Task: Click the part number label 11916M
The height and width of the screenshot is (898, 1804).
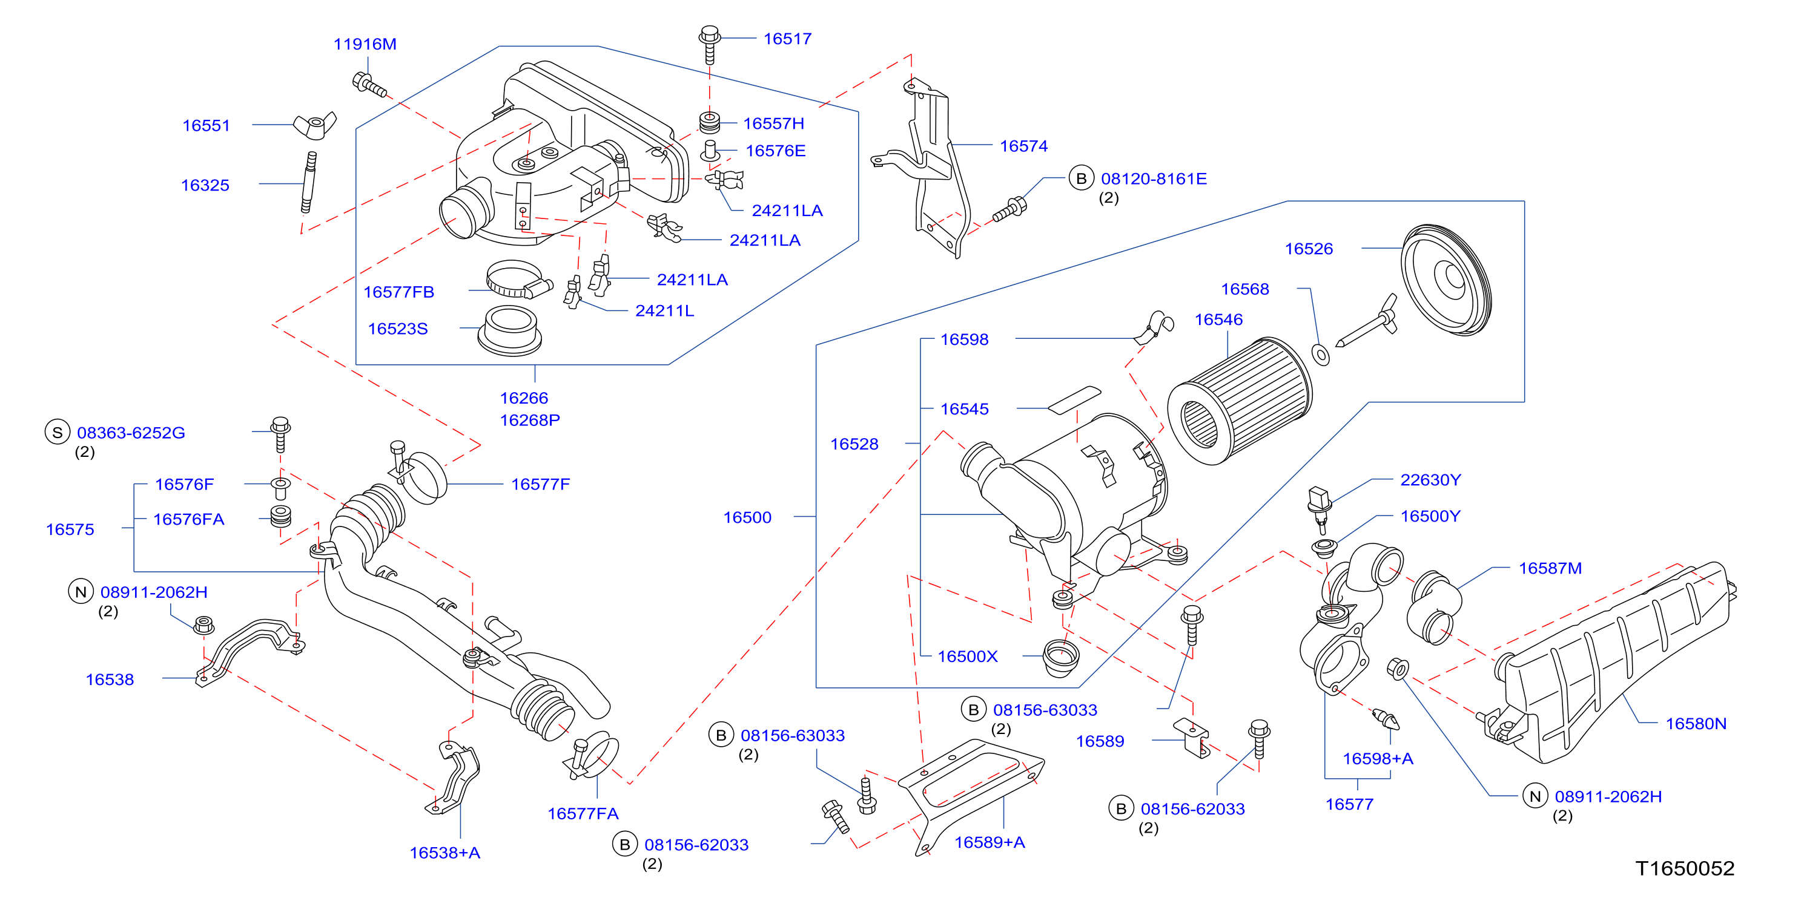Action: [x=365, y=44]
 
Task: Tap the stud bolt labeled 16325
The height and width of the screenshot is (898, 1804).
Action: [x=308, y=182]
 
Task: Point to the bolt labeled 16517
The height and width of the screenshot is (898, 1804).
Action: [x=709, y=44]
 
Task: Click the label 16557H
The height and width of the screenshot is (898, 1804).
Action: [x=773, y=124]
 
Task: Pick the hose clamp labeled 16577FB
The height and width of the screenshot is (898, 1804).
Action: [x=519, y=280]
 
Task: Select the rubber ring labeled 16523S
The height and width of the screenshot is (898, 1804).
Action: [x=510, y=330]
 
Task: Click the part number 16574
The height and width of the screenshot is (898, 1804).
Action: [x=1023, y=146]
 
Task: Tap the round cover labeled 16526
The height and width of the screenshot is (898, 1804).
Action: [x=1446, y=280]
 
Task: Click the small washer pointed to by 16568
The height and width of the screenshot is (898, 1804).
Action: [x=1320, y=355]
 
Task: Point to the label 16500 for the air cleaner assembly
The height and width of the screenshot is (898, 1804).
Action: [x=747, y=518]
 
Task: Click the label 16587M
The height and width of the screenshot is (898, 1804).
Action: [x=1550, y=568]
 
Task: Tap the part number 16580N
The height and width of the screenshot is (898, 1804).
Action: [x=1696, y=724]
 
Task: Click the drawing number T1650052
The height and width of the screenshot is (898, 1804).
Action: [x=1685, y=868]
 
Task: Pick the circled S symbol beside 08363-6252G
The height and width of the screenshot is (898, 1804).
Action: [x=58, y=433]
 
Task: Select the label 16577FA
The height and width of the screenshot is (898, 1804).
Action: [x=583, y=813]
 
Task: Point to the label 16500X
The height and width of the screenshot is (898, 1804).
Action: [x=967, y=657]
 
